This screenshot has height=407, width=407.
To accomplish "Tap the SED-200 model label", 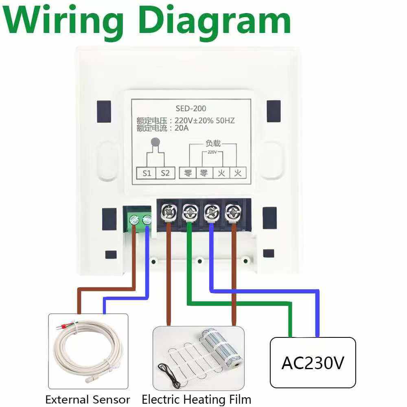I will [x=190, y=109].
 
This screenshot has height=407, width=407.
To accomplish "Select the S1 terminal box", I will [x=147, y=173].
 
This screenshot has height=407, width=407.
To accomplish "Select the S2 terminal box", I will [x=165, y=173].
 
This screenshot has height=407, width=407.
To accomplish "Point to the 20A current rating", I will [x=182, y=128].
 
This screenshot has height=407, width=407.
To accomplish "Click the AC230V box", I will [x=313, y=363].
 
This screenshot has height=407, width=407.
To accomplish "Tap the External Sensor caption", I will [x=88, y=400].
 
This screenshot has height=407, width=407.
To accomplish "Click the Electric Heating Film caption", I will [x=196, y=400].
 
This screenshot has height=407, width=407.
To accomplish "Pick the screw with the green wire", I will [x=189, y=212].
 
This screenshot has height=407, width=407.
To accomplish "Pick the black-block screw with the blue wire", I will [x=211, y=212].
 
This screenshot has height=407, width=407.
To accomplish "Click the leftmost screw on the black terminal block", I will [x=168, y=212].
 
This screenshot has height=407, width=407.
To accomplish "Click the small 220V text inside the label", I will [x=212, y=153].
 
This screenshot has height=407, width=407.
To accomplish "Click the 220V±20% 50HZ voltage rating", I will [x=205, y=121].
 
